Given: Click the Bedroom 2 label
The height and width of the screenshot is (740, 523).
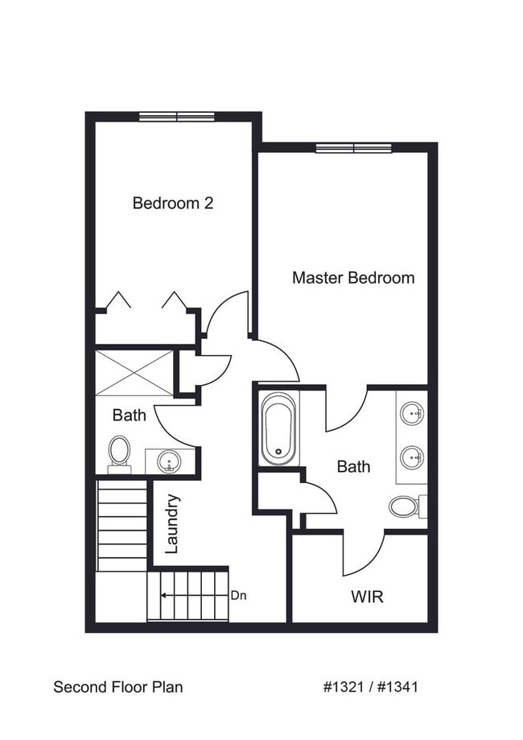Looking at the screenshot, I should (x=172, y=203).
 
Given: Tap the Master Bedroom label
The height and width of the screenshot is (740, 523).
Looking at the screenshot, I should (x=353, y=278).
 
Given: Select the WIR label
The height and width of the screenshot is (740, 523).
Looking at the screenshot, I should (x=366, y=597).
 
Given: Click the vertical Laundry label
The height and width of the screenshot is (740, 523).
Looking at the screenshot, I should (x=171, y=523).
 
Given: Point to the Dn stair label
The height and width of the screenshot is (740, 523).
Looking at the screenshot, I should (x=237, y=596).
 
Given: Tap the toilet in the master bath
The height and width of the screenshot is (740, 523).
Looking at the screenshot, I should (x=404, y=506).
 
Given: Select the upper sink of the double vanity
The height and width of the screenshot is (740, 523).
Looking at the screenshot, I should (x=412, y=415).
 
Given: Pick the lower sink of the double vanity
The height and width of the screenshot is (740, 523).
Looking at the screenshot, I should (x=412, y=457).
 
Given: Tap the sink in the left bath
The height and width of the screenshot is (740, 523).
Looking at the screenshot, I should (x=169, y=461).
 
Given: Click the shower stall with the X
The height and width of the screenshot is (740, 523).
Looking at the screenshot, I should (x=134, y=373).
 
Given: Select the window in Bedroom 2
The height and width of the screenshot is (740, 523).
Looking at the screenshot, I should (x=177, y=117).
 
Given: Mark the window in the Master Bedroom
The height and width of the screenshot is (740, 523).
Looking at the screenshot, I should (x=353, y=147).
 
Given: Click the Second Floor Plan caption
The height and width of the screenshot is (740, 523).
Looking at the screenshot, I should (x=117, y=687).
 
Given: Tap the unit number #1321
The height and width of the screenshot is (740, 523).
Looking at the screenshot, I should (x=344, y=687).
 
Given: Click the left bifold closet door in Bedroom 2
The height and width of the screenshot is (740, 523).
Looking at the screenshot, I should (x=119, y=300).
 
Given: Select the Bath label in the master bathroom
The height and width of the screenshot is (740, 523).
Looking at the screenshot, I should (x=353, y=466).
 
